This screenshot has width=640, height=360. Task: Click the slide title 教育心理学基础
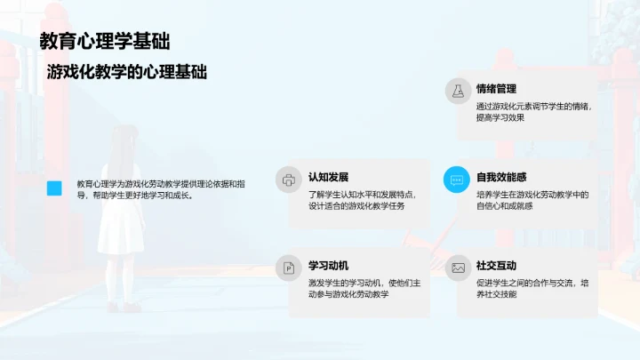tap(105, 41)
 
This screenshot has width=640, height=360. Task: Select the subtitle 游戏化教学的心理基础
tap(128, 72)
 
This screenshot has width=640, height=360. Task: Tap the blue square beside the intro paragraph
tap(54, 188)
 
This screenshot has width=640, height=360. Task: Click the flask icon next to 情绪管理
tap(458, 91)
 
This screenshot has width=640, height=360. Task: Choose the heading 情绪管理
tap(496, 89)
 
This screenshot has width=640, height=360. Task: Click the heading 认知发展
tap(328, 177)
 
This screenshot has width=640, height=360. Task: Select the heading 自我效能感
tap(501, 177)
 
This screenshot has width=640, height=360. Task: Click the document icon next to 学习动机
tap(289, 267)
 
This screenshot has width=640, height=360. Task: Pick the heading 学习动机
tap(328, 265)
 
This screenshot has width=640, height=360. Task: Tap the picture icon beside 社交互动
tap(458, 267)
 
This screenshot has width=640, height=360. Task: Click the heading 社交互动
tap(496, 265)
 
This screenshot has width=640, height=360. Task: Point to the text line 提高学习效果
tap(500, 117)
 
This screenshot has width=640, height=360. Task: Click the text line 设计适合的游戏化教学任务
tap(356, 206)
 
